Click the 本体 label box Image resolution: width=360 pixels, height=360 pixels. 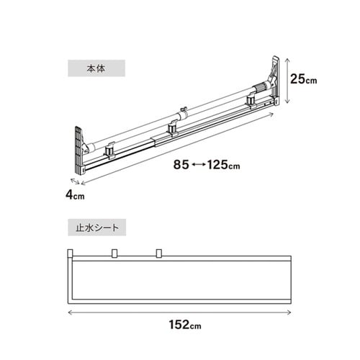click(96, 68)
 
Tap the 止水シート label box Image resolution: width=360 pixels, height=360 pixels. click(97, 228)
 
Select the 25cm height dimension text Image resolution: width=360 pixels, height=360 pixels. click(304, 78)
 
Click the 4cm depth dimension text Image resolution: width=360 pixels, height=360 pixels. click(75, 195)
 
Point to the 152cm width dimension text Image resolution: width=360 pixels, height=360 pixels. click(185, 325)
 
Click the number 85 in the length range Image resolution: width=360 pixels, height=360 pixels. click(181, 165)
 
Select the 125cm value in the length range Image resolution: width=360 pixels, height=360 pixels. click(223, 165)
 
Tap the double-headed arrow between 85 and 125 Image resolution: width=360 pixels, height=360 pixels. click(198, 165)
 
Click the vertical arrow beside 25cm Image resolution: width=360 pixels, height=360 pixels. click(287, 81)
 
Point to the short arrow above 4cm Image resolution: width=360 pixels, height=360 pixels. click(75, 181)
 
